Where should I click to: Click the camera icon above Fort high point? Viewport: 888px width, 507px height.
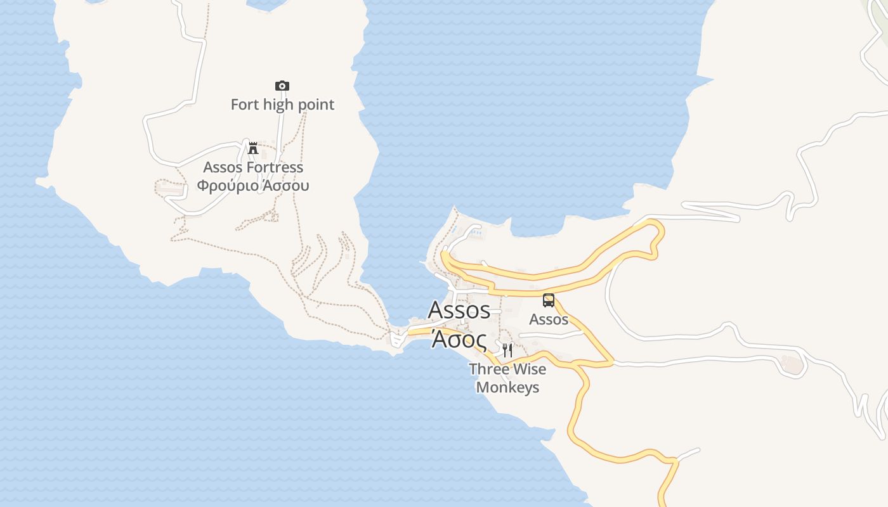[x=282, y=86]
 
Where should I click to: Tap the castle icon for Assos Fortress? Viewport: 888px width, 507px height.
[x=252, y=148]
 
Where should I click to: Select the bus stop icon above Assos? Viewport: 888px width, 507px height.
[x=549, y=300]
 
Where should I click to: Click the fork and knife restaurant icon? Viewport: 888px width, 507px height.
[x=507, y=350]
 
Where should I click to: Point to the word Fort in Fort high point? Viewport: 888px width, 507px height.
[x=245, y=105]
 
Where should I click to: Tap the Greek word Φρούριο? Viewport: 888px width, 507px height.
[x=226, y=186]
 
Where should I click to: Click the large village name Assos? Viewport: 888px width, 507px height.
[x=459, y=310]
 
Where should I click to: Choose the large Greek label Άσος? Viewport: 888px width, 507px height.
[x=459, y=340]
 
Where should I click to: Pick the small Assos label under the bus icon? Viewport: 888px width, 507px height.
[x=549, y=319]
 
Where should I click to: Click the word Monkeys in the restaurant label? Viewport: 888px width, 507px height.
[x=507, y=387]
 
